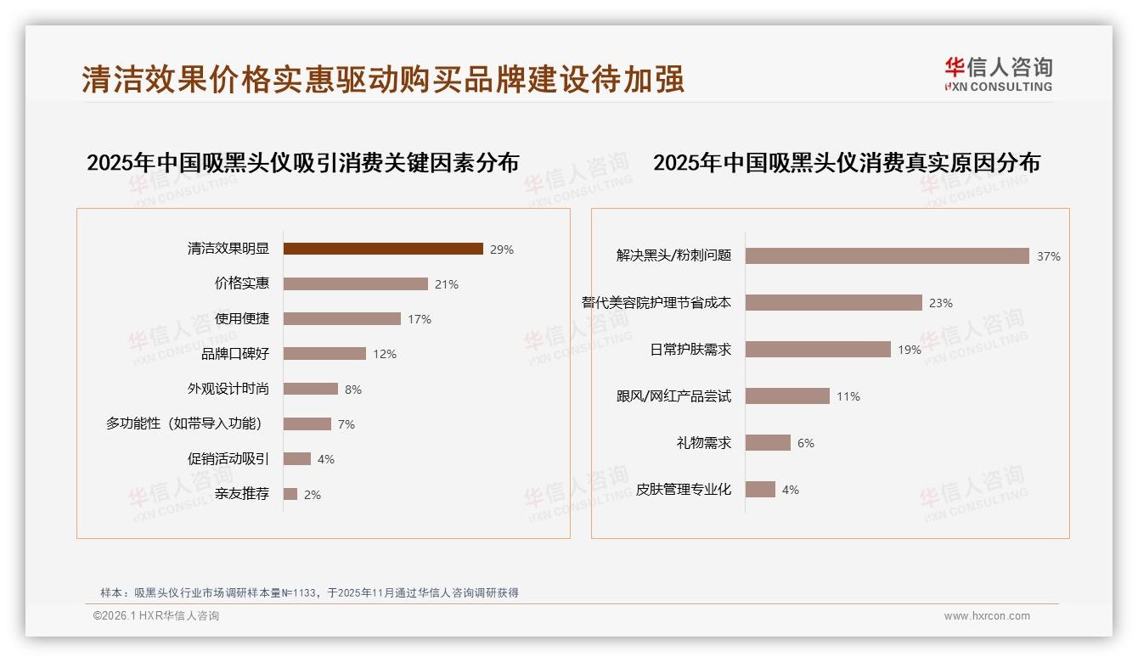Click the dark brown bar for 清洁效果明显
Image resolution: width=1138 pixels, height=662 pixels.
tap(383, 249)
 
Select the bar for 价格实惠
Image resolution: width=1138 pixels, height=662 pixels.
tap(356, 283)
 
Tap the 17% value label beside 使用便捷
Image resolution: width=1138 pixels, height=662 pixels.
tap(420, 319)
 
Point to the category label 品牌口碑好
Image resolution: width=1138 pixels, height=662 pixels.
tap(235, 354)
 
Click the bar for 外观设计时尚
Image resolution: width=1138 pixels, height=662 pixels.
tap(311, 389)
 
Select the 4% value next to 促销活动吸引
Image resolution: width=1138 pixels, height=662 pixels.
tap(326, 459)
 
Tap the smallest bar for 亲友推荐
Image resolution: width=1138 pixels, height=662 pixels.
tap(290, 494)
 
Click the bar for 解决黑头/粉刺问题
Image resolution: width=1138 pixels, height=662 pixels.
tap(887, 255)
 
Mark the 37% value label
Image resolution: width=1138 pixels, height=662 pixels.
tap(1048, 256)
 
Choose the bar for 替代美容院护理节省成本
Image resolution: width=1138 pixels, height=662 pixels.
tap(834, 302)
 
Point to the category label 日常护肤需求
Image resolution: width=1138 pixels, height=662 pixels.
tap(690, 349)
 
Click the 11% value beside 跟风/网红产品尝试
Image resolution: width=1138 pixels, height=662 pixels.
tap(848, 396)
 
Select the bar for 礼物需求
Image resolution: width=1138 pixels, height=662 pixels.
tap(768, 442)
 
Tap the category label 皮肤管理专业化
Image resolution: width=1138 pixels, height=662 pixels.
tap(684, 490)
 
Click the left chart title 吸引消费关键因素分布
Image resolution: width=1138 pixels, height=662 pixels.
tap(302, 162)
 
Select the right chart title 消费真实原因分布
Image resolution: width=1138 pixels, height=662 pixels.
tap(846, 162)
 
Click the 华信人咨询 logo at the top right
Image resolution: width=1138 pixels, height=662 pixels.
tap(999, 74)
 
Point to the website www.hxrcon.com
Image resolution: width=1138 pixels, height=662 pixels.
tap(987, 616)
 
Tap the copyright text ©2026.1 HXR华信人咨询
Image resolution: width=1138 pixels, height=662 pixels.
tap(156, 616)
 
